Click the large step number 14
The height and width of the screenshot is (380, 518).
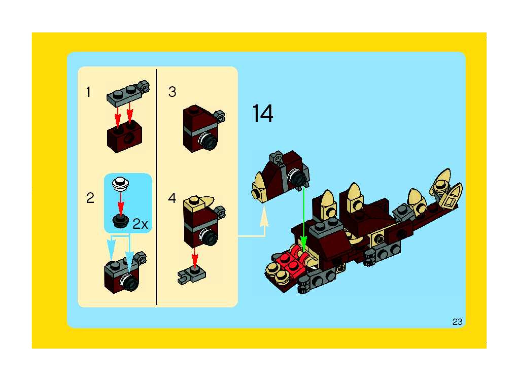coord(263,113)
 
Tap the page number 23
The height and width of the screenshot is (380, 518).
coord(457,322)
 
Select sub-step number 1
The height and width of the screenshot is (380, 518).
coord(88,92)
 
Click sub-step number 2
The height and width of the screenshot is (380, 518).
coord(90,198)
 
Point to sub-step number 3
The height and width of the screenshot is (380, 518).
coord(172,92)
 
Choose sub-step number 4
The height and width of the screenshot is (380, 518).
coord(172,198)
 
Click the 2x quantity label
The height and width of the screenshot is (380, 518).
coord(140,224)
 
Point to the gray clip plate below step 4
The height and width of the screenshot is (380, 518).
coord(192,275)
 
